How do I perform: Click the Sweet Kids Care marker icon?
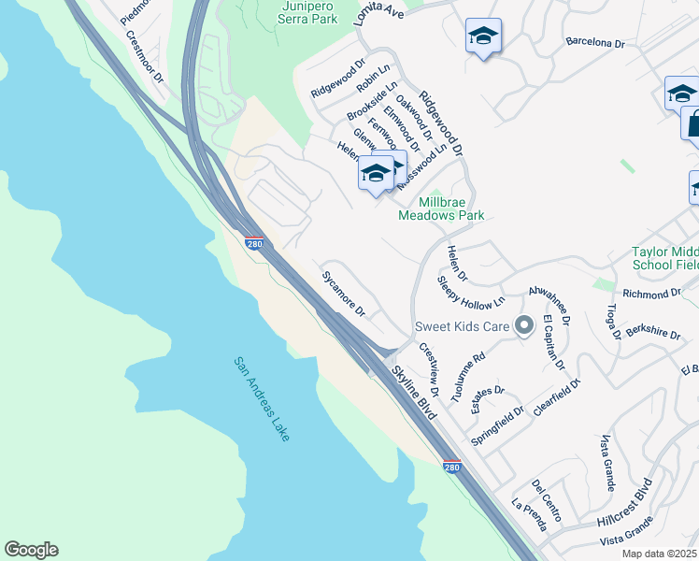tap(524, 326)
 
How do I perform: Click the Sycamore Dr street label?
tap(343, 293)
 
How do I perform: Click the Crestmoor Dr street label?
tap(145, 59)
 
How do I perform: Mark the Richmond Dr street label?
tap(651, 294)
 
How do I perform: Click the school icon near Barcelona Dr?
tap(483, 36)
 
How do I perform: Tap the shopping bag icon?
tap(693, 124)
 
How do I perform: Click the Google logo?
tap(31, 550)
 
